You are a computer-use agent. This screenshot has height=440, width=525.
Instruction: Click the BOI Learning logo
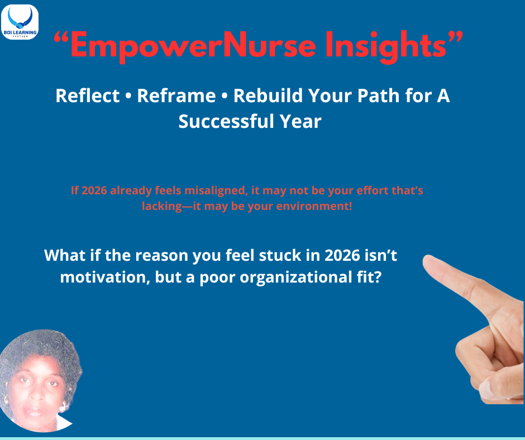tap(20, 22)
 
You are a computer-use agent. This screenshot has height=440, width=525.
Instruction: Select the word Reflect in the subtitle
tap(87, 95)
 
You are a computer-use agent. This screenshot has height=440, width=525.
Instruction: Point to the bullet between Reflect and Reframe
tap(128, 96)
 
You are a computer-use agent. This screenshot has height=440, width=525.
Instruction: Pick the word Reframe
tap(176, 95)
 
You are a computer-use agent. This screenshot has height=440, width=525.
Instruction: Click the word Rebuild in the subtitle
tap(268, 95)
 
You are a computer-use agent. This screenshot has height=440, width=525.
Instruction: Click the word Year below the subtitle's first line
tap(300, 121)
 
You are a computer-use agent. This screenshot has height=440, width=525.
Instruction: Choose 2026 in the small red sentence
tap(94, 190)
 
